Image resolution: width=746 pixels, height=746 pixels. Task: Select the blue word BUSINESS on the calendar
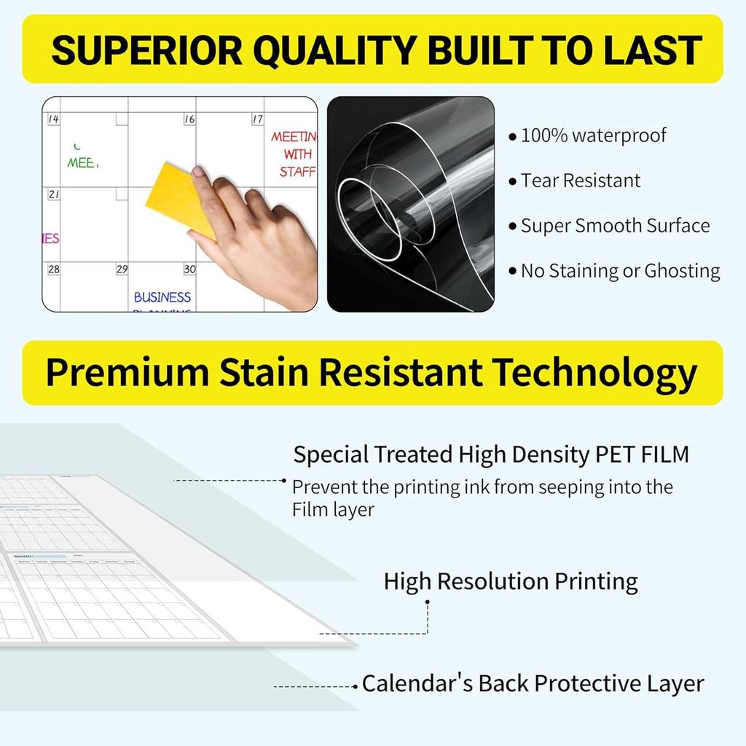click(x=162, y=297)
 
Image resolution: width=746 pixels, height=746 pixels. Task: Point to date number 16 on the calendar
click(x=189, y=119)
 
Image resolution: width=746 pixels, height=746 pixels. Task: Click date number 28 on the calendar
click(x=54, y=269)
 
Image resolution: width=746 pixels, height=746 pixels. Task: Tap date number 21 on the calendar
click(x=54, y=195)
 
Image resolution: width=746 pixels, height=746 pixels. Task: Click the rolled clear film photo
click(x=410, y=204)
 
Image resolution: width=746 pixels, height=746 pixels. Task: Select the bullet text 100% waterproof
click(x=593, y=136)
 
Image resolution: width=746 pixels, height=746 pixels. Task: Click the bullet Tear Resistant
click(x=581, y=181)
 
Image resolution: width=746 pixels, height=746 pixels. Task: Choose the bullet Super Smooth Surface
click(x=615, y=226)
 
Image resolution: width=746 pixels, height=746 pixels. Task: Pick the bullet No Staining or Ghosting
click(x=620, y=271)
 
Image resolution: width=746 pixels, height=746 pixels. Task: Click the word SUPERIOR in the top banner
click(x=145, y=50)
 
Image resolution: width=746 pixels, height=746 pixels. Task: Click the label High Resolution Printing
click(x=511, y=581)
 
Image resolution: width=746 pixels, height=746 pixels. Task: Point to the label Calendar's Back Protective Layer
click(x=533, y=684)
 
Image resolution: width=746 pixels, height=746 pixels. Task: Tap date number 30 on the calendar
click(x=189, y=269)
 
